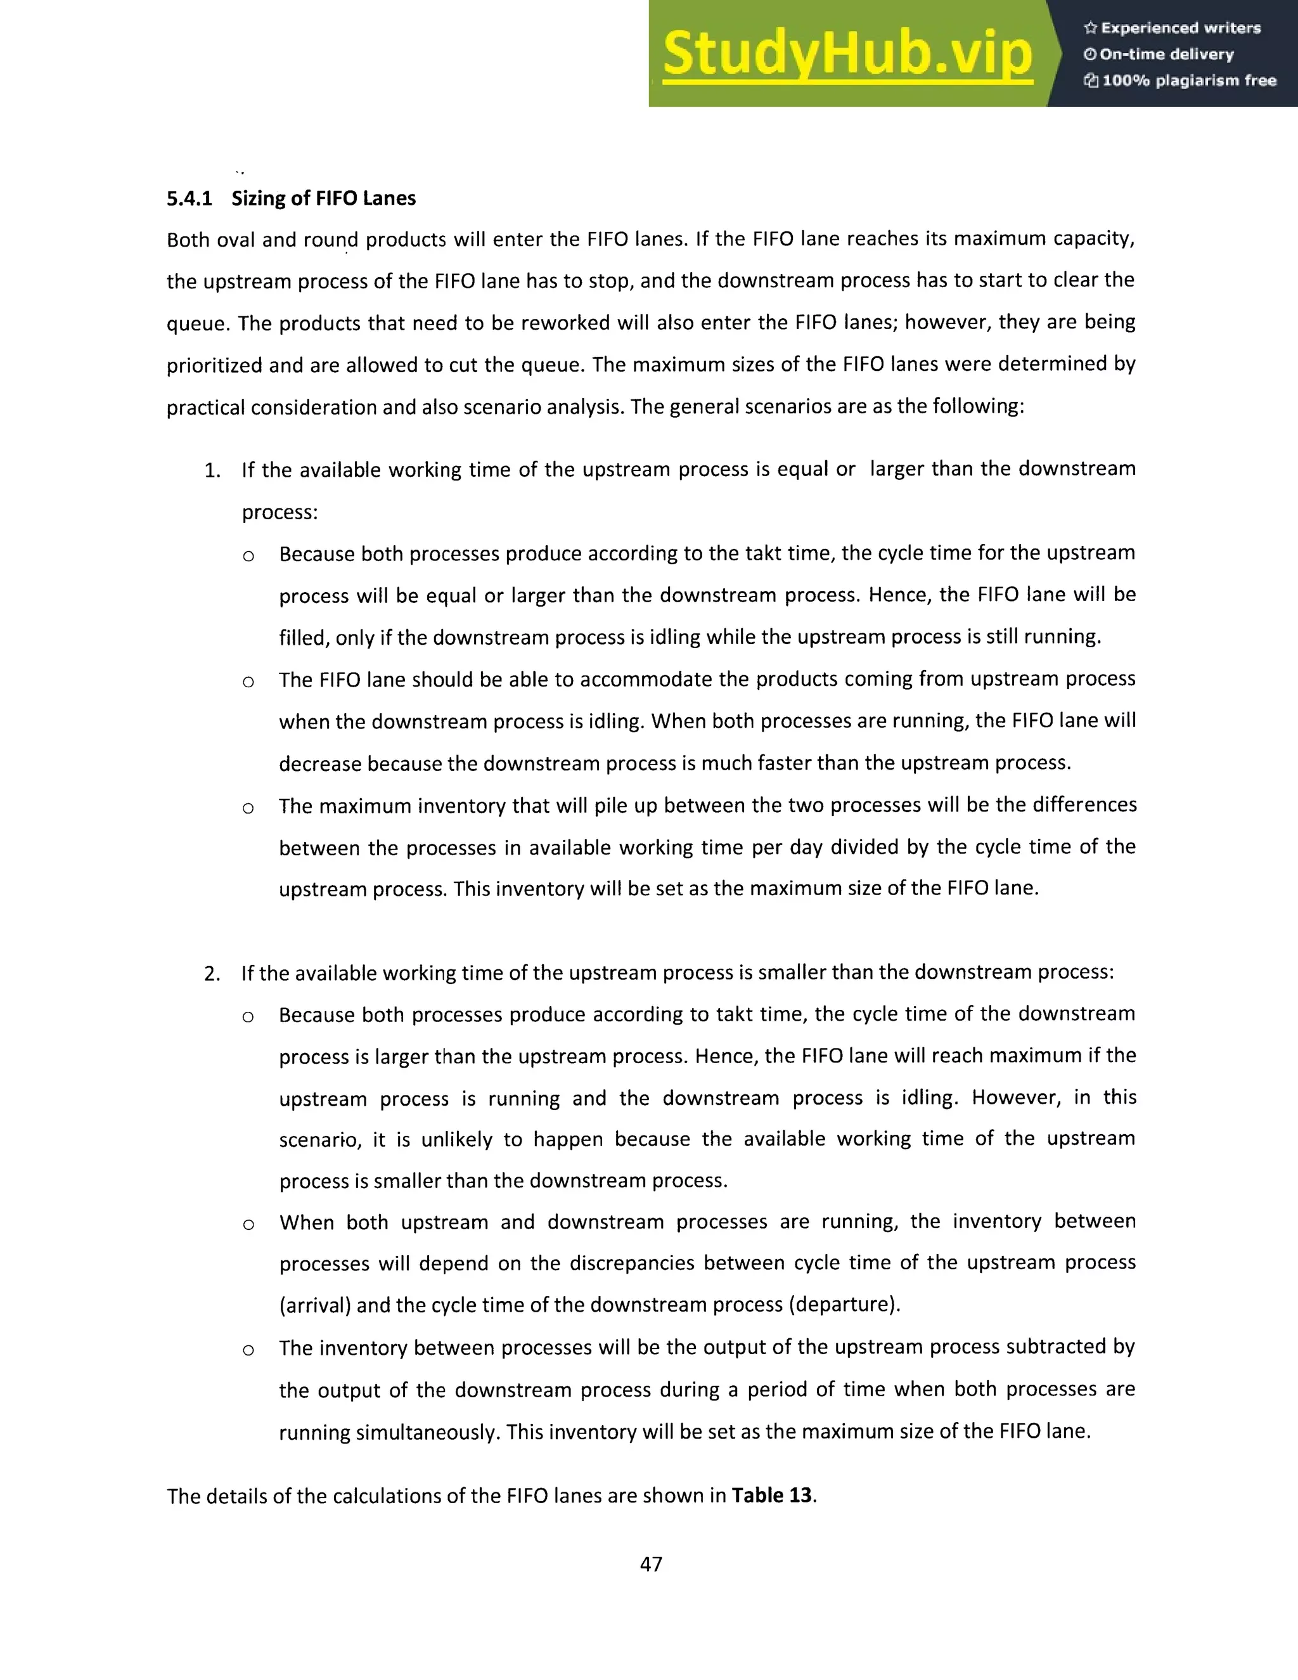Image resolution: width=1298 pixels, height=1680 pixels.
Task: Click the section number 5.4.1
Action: click(189, 198)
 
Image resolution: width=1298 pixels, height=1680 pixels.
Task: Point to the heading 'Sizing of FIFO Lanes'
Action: click(323, 198)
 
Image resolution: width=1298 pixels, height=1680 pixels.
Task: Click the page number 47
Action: click(650, 1564)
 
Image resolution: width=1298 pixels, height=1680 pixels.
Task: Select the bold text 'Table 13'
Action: click(771, 1495)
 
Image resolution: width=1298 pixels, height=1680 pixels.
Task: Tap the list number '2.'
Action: click(212, 974)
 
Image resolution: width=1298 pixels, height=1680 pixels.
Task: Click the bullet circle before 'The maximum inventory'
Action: click(248, 808)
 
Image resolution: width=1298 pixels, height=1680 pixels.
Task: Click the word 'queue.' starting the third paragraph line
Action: click(198, 323)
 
